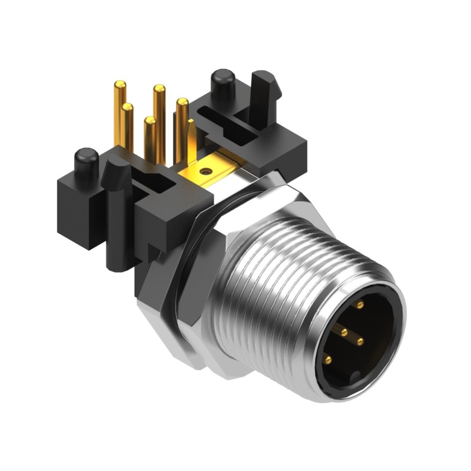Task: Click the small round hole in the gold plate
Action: (x=205, y=172)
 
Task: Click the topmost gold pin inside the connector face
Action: (x=359, y=305)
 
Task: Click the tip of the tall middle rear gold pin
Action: (x=159, y=89)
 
